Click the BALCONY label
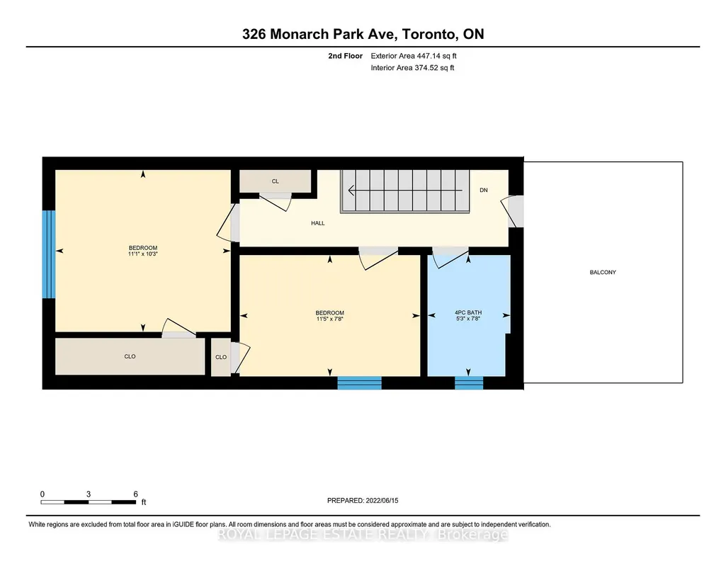coord(602,272)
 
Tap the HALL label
coord(317,223)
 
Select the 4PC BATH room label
coord(468,312)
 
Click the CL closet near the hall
coord(275,181)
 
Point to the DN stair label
coord(483,191)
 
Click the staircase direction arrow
coord(405,191)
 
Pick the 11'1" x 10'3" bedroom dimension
coord(143,254)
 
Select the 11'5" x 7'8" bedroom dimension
coord(329,319)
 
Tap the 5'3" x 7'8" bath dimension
coord(468,319)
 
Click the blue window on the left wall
coord(49,254)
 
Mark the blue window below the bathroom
coord(469,382)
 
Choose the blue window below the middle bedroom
coord(359,382)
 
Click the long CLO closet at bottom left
coord(130,356)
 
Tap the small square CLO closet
coord(221,357)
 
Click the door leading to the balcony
coord(514,212)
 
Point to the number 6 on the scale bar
coord(136,494)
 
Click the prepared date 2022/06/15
coord(382,500)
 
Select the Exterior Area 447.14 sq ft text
coord(414,56)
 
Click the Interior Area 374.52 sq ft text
coord(412,67)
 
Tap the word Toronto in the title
coord(428,34)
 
